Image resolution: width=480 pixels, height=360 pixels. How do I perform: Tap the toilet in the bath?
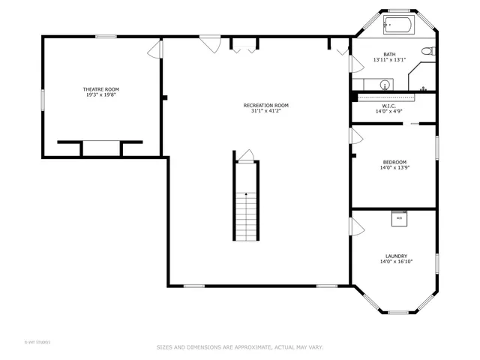pos(427,51)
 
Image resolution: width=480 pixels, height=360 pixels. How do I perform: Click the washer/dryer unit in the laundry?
pos(399,218)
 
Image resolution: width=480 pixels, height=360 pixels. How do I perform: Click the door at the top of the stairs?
pos(247,155)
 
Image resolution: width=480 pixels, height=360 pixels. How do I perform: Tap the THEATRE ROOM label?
pos(100,89)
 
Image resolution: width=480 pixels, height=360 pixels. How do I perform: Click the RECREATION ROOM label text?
pos(265,105)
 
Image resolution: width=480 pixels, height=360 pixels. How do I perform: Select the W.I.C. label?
pos(389,106)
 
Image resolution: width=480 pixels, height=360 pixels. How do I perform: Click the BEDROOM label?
pos(394,162)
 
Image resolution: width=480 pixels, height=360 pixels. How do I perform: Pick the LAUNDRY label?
pos(396,256)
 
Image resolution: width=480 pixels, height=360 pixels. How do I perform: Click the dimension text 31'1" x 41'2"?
pos(265,111)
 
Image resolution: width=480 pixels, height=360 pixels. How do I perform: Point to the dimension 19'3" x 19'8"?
pos(100,95)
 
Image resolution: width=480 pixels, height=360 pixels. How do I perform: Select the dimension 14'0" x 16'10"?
pos(396,262)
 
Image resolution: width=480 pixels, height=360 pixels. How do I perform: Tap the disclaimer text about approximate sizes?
pos(239,347)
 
